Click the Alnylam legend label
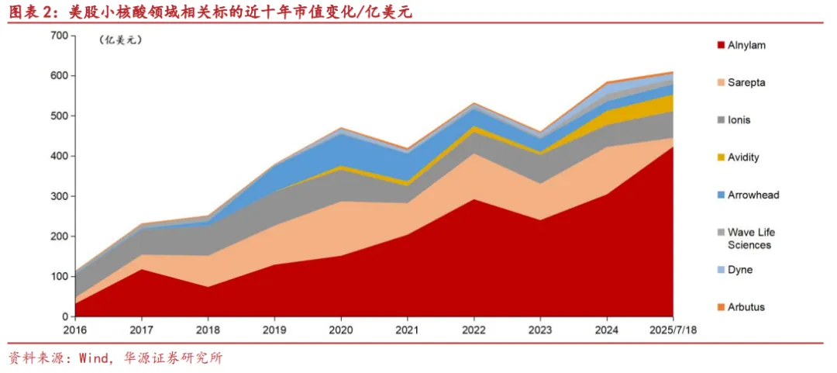pos(746,45)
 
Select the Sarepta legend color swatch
pos(721,83)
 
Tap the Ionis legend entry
pos(739,120)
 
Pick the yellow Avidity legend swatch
pos(721,157)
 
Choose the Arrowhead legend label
pos(753,195)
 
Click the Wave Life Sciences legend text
pos(750,238)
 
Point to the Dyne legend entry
pos(739,270)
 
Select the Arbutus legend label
pos(746,307)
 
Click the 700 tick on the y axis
pos(59,36)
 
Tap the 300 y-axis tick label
pos(59,196)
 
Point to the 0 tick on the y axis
pos(64,317)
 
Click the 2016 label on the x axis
pos(74,330)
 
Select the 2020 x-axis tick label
pos(341,330)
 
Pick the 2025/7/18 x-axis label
pos(673,330)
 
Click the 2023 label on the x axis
pos(541,330)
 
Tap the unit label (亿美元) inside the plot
pos(122,40)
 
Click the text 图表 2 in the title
pos(28,11)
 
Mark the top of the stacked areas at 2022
pos(474,103)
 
